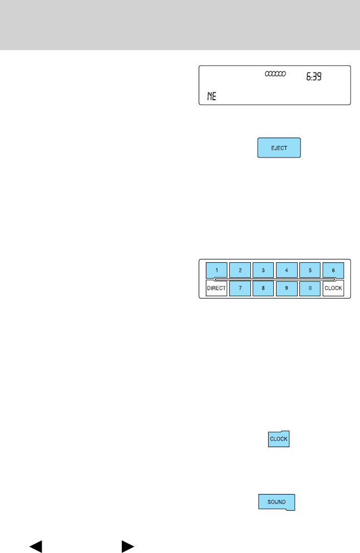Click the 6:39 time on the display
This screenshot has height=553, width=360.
tap(315, 79)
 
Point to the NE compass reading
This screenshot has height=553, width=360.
tap(211, 96)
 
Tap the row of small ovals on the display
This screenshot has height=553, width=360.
tap(275, 74)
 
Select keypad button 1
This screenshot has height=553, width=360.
tap(216, 270)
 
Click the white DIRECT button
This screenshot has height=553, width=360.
tap(216, 288)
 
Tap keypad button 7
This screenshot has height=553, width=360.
tap(240, 288)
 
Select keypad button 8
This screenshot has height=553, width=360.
tap(263, 288)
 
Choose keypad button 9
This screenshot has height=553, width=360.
tap(287, 288)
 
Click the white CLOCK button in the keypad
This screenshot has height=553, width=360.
tap(333, 288)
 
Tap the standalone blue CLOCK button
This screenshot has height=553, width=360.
tap(278, 439)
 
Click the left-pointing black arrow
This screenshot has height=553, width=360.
tap(36, 546)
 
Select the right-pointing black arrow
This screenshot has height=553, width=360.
tap(127, 546)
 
